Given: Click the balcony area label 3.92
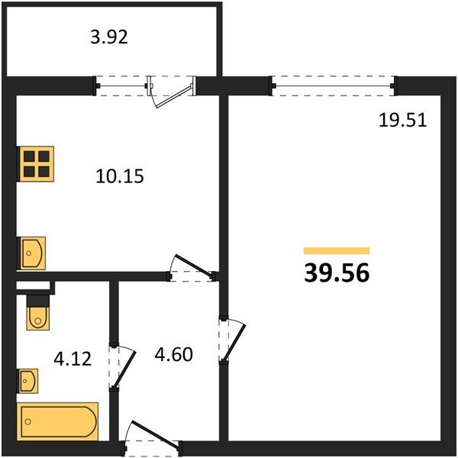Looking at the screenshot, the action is pyautogui.click(x=109, y=37).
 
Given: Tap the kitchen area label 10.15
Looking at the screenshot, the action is pyautogui.click(x=120, y=176).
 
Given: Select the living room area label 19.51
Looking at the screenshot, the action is pyautogui.click(x=403, y=120).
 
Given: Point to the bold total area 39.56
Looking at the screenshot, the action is pyautogui.click(x=337, y=273).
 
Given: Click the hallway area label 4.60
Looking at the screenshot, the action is pyautogui.click(x=174, y=354).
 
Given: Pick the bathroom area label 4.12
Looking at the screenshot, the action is pyautogui.click(x=73, y=359).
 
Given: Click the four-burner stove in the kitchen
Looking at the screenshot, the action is pyautogui.click(x=37, y=163).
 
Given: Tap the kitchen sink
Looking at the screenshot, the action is pyautogui.click(x=32, y=253).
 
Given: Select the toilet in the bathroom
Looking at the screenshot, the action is pyautogui.click(x=38, y=312).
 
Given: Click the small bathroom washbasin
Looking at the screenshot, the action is pyautogui.click(x=29, y=381).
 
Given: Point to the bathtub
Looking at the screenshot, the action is pyautogui.click(x=57, y=421).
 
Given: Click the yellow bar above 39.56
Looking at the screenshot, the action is pyautogui.click(x=337, y=250).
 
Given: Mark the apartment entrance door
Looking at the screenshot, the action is pyautogui.click(x=155, y=434).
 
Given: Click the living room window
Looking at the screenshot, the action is pyautogui.click(x=334, y=85).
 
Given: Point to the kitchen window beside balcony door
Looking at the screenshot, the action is pyautogui.click(x=122, y=85).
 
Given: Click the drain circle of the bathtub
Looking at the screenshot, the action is pyautogui.click(x=28, y=421).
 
